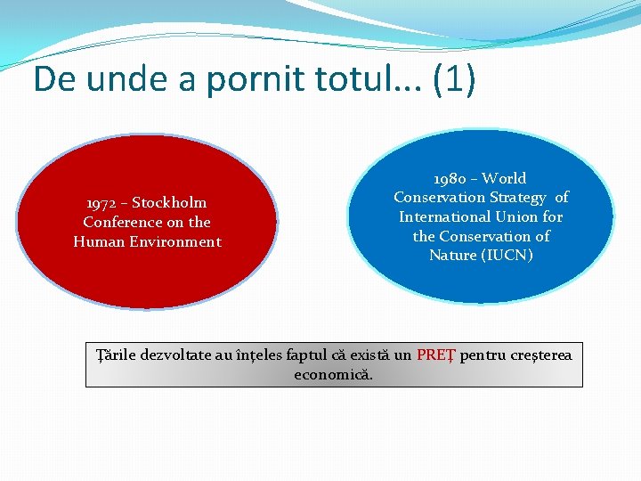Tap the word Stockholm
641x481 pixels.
click(169, 202)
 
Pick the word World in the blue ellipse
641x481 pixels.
click(506, 178)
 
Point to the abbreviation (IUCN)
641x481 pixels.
click(507, 255)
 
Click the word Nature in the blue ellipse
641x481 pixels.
click(453, 255)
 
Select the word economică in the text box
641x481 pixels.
click(334, 374)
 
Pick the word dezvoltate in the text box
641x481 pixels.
click(174, 355)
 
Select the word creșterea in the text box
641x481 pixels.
click(541, 355)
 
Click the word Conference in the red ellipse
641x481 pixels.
click(123, 222)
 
